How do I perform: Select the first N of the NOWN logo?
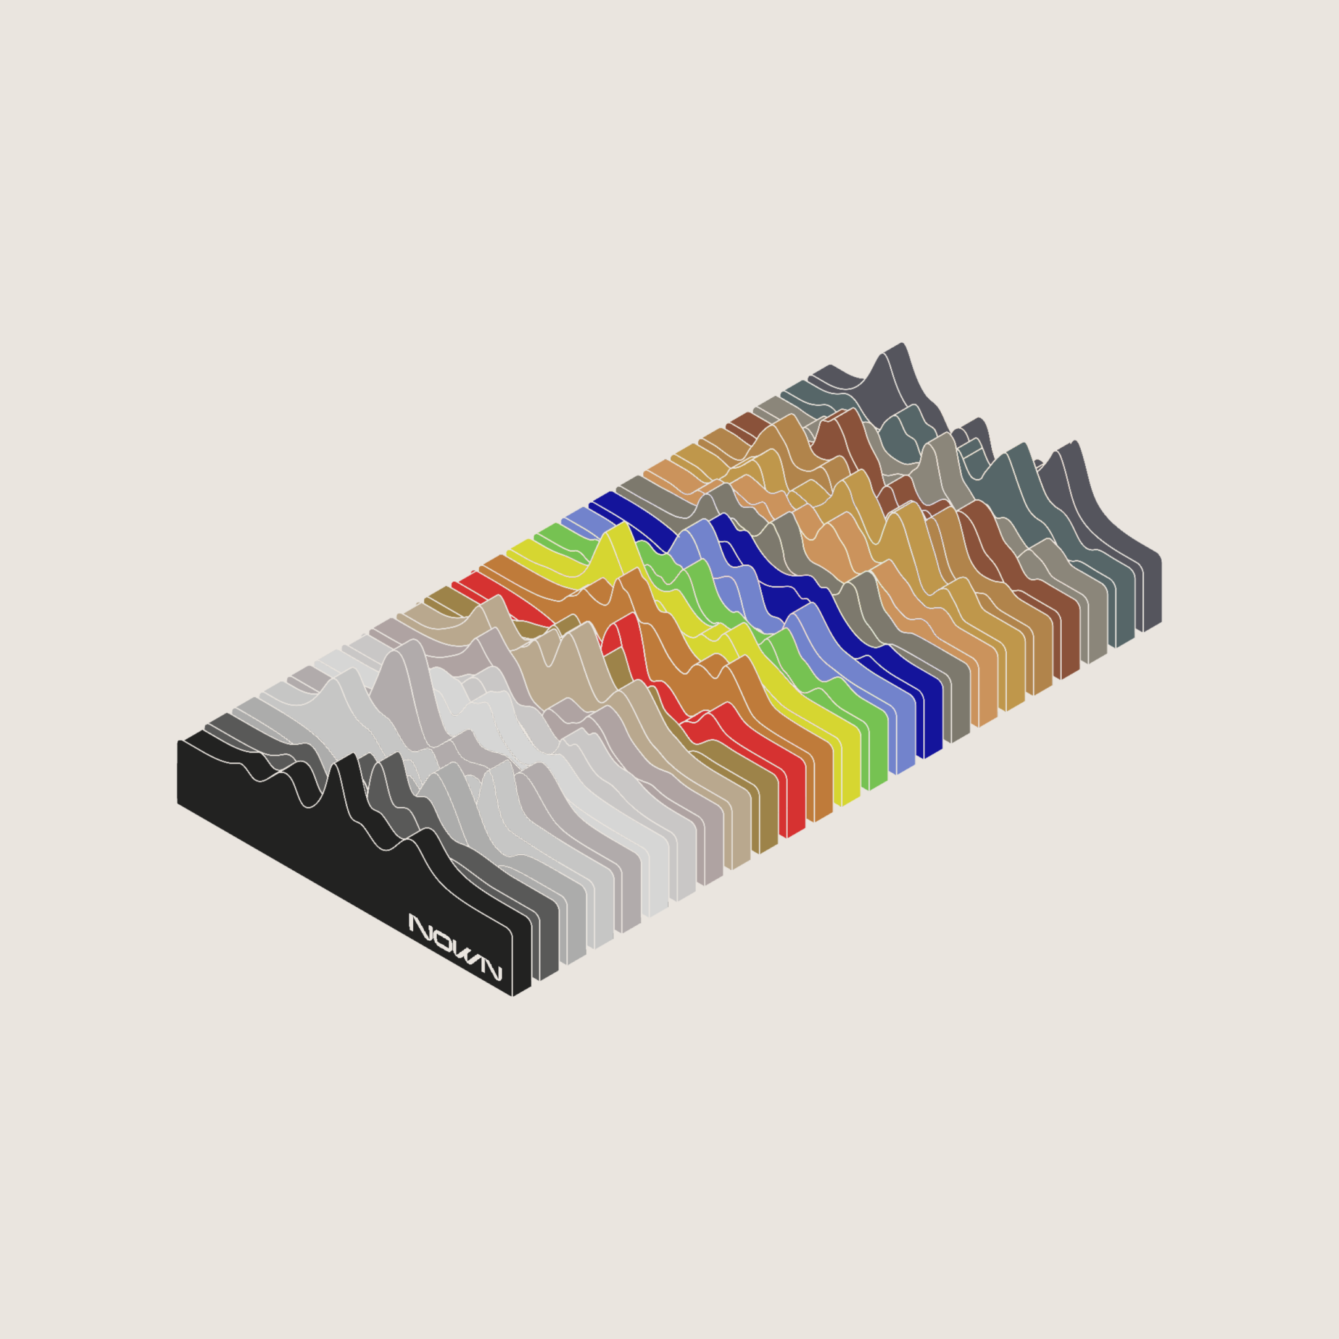click(420, 926)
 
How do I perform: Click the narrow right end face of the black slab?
click(521, 960)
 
